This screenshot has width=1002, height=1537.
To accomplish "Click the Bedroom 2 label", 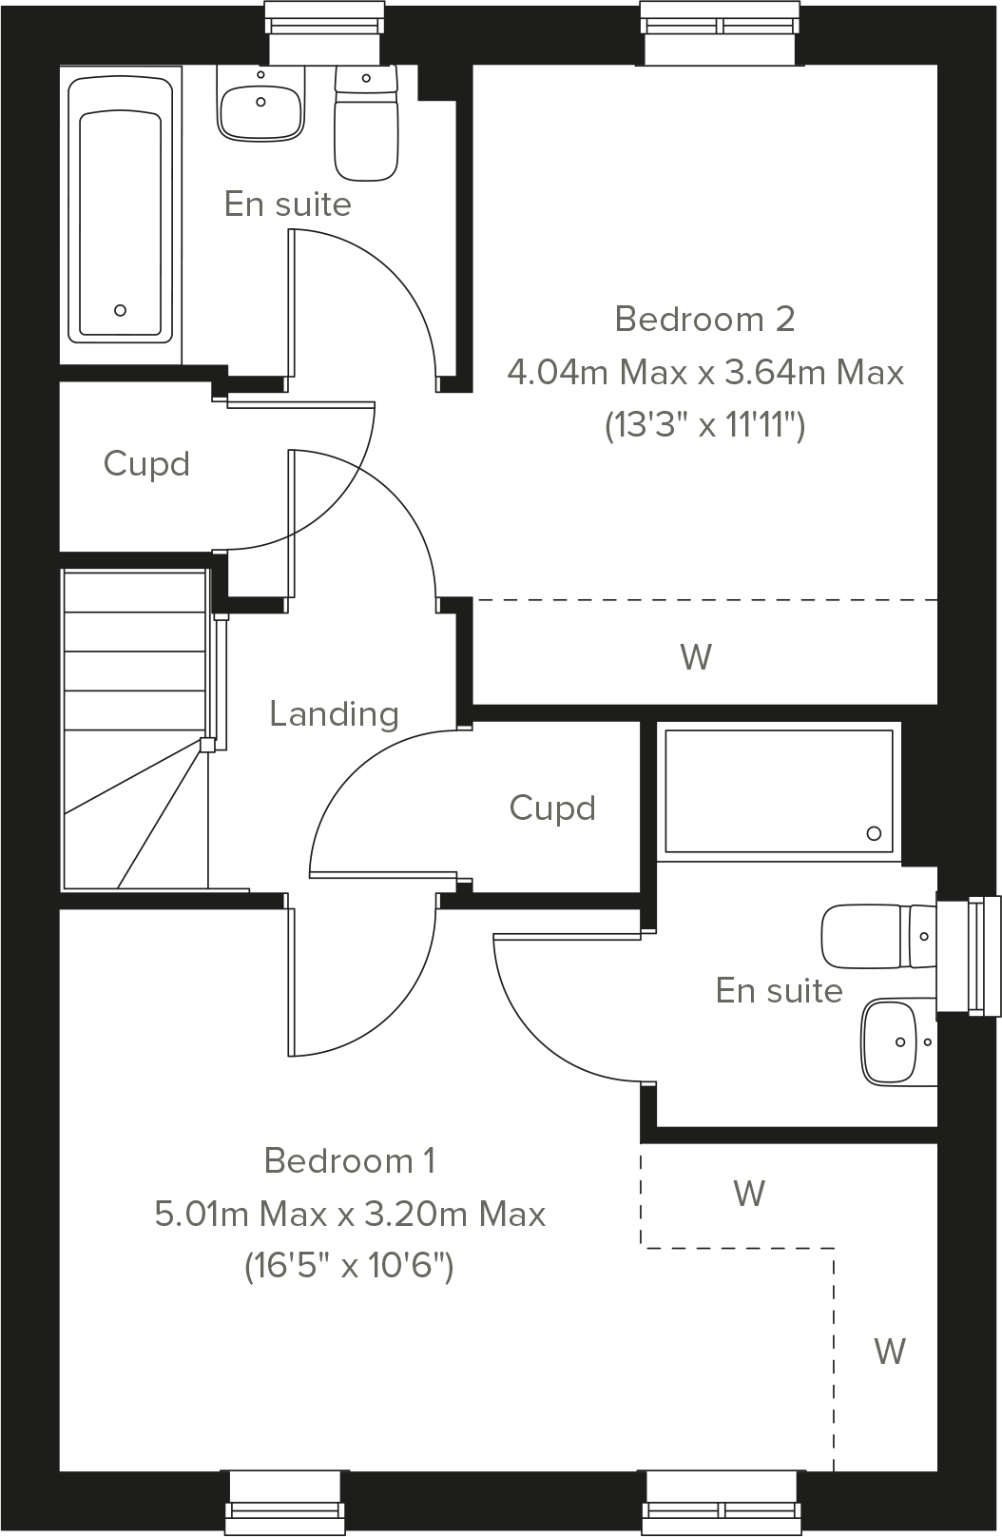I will [704, 320].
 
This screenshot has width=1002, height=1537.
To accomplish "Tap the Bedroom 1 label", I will [350, 1161].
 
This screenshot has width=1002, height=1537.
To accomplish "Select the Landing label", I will [334, 713].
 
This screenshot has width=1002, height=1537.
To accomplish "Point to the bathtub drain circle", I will [120, 310].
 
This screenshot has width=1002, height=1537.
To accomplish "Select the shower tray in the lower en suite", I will [778, 789].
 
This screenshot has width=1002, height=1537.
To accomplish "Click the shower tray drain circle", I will [874, 834].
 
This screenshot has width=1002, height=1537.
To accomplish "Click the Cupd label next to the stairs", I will [146, 464].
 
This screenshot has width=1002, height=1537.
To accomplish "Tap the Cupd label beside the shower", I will [552, 808].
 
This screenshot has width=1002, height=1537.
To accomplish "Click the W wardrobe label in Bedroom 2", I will [696, 657].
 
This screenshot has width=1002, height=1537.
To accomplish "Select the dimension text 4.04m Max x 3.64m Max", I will [704, 373].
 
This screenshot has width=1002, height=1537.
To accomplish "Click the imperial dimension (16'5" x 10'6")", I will [350, 1267].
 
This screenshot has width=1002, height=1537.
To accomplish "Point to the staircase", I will [134, 730].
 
